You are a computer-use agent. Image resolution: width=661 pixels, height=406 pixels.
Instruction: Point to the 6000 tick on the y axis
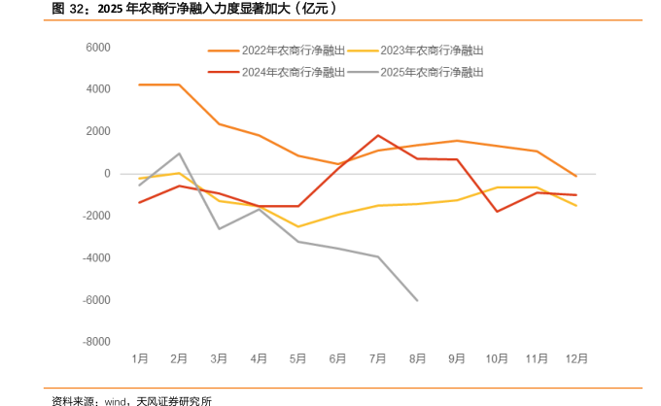point(97,48)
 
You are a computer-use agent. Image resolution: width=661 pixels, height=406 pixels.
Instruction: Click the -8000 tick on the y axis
point(95,342)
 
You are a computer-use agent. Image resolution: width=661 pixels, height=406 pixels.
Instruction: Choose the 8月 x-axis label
point(417,358)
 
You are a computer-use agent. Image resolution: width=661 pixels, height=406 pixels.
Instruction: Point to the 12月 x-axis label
point(575,358)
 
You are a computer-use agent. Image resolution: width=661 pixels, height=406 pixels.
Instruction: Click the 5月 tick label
point(297,358)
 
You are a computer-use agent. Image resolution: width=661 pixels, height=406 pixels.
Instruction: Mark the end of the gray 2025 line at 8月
point(417,300)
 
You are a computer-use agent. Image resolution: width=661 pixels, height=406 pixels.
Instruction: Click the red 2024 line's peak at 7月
point(377,136)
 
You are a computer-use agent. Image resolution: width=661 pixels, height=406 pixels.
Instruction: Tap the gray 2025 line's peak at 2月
point(179,153)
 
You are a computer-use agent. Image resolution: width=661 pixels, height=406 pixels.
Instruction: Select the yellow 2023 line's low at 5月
point(297,226)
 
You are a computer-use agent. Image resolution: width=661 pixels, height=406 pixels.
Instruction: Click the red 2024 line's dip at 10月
point(497,212)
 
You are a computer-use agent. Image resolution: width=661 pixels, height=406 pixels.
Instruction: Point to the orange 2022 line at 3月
point(219,123)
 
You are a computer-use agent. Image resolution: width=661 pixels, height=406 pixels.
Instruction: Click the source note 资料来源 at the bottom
point(132,399)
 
